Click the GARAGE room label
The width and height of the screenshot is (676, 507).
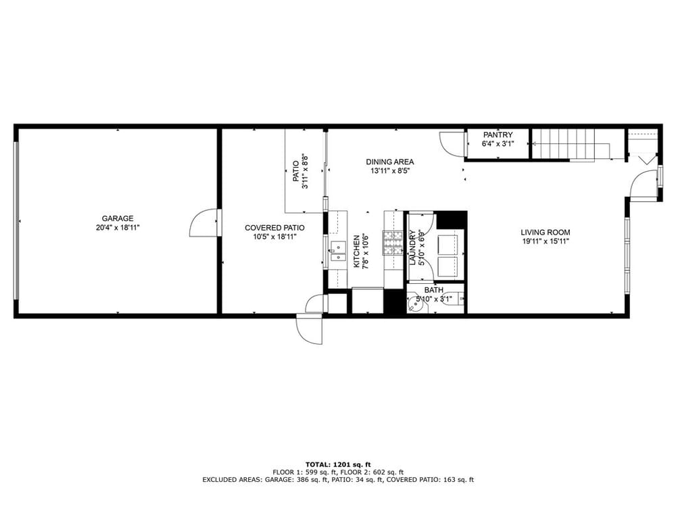117,218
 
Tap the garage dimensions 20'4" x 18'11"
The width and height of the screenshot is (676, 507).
118,228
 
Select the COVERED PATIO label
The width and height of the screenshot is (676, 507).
274,228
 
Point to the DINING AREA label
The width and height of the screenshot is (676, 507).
390,162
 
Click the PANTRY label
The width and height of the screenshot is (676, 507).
498,135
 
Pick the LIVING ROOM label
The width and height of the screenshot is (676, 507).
546,233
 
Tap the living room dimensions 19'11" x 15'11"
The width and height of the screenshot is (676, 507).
546,241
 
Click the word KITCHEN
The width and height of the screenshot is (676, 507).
356,251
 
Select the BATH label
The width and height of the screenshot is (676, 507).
433,290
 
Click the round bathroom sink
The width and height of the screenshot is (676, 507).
416,304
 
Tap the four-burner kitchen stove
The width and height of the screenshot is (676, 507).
393,243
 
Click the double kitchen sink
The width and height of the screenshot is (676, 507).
338,251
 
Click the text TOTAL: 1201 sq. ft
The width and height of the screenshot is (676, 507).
338,464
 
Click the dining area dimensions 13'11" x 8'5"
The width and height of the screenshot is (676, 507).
390,170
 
